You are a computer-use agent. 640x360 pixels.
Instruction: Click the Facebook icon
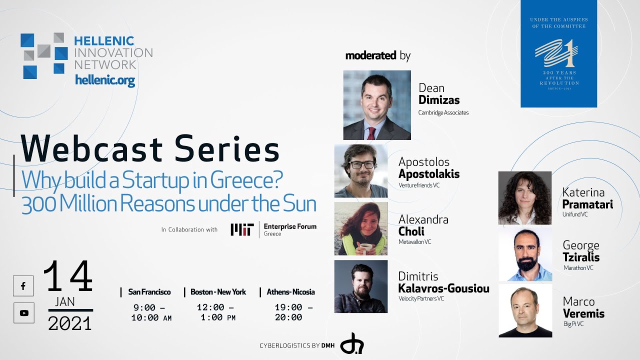coord(23,286)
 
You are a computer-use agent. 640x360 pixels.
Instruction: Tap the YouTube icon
coord(23,313)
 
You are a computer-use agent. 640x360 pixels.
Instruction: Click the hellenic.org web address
coord(104,80)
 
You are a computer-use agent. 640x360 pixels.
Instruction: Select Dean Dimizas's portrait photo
coord(377,105)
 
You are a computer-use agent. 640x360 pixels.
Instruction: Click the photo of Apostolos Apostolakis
coord(360,171)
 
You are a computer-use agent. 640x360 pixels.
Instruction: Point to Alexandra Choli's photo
coord(360,228)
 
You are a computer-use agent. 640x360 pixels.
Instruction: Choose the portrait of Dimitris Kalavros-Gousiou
coord(360,286)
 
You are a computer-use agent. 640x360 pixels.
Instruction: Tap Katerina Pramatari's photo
coord(524,198)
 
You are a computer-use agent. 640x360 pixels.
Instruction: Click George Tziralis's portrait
coord(525,254)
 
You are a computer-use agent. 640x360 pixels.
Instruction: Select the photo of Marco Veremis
coord(525,311)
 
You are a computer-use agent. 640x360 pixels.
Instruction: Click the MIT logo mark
coord(242,229)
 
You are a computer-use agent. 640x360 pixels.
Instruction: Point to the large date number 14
coord(68,277)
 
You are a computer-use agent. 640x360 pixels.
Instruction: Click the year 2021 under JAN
coord(70,324)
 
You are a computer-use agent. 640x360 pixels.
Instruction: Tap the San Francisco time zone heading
coord(149,292)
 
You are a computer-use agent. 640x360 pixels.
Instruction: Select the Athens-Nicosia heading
coord(290,292)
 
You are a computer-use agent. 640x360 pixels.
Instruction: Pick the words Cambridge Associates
coord(443,112)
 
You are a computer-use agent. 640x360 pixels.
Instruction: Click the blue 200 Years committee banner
coord(558,53)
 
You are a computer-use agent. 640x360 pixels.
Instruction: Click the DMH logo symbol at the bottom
coord(351,343)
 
